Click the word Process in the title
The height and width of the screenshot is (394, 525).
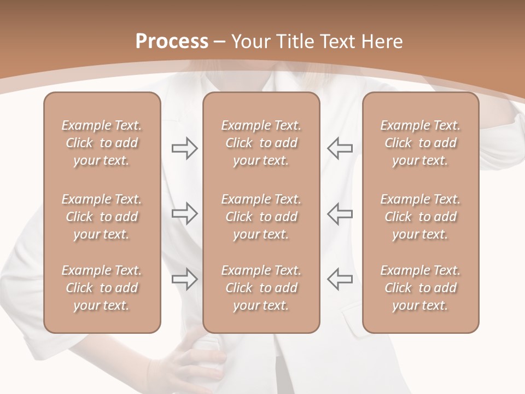click(x=172, y=42)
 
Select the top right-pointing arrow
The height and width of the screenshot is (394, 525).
click(x=185, y=148)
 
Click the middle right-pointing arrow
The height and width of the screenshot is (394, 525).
click(x=185, y=213)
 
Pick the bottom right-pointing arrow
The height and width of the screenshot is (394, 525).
click(x=185, y=279)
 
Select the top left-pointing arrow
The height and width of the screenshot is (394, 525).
click(x=340, y=148)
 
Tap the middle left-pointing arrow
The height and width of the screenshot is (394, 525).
click(x=340, y=213)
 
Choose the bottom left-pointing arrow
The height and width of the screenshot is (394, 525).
click(x=340, y=279)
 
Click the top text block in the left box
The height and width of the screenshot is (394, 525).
click(x=102, y=143)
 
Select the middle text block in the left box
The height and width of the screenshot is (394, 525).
click(x=102, y=217)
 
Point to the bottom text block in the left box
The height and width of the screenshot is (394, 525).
click(x=102, y=288)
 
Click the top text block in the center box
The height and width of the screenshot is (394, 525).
click(x=261, y=143)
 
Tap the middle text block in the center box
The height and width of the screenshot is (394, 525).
click(x=261, y=217)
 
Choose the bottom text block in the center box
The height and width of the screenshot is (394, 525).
click(x=261, y=288)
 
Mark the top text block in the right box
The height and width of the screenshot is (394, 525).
click(x=421, y=143)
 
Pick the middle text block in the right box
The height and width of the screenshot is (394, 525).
click(x=421, y=217)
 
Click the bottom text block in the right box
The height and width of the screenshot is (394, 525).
click(x=421, y=288)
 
